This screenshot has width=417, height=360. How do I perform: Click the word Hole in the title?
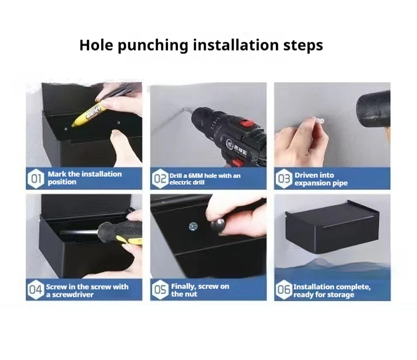click(x=96, y=44)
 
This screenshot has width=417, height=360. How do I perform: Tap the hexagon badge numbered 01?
click(x=36, y=178)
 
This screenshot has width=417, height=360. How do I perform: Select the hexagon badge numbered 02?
click(x=160, y=178)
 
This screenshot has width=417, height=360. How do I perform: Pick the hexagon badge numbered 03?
click(x=284, y=178)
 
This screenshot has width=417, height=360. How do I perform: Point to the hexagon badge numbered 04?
click(x=36, y=289)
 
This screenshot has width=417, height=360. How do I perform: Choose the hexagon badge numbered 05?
click(x=160, y=289)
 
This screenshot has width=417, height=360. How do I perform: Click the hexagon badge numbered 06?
click(x=284, y=289)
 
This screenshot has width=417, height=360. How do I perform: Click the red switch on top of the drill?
click(x=247, y=124)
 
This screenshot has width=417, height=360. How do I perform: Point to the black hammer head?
click(x=374, y=108)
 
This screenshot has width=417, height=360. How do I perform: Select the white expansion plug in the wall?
click(x=319, y=121)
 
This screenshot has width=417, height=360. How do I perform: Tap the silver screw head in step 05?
click(x=193, y=227)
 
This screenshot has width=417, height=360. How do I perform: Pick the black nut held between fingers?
click(x=218, y=226)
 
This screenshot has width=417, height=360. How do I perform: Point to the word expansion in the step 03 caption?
click(x=311, y=183)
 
